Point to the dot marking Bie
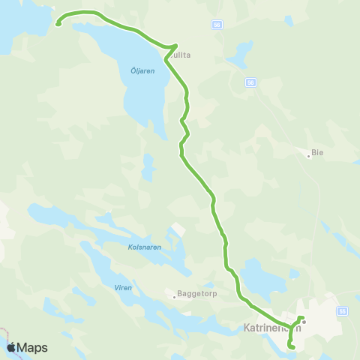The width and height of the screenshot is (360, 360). click(x=309, y=156)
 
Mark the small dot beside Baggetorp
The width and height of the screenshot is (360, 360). click(x=174, y=297)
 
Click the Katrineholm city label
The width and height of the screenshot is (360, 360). click(x=272, y=328)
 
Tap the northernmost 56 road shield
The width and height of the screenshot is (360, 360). click(x=217, y=25)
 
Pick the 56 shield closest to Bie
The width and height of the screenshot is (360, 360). click(x=250, y=82)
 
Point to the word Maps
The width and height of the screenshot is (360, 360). click(x=32, y=347)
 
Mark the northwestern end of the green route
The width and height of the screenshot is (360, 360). click(x=58, y=23)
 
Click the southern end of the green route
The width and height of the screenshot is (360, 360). click(x=292, y=346)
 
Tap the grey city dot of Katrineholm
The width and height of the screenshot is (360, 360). click(x=304, y=322)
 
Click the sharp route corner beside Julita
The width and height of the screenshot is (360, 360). click(x=176, y=46)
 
